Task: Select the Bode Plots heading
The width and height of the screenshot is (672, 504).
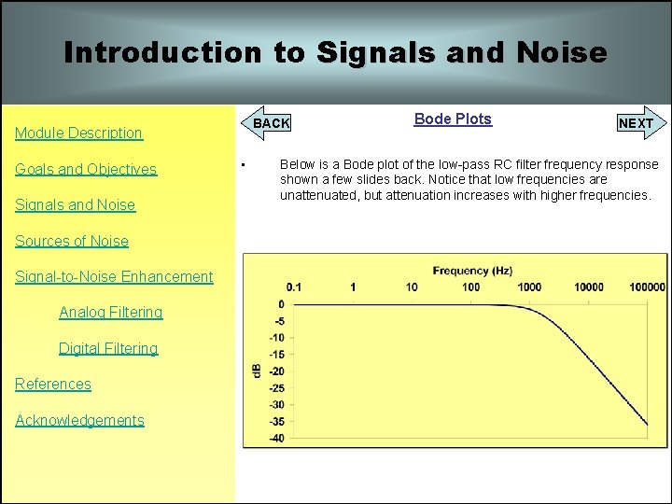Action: [453, 119]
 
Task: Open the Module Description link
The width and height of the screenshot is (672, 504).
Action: [78, 133]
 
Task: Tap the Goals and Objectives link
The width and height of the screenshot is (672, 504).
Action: [86, 169]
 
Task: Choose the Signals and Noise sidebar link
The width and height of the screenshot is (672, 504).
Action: [75, 204]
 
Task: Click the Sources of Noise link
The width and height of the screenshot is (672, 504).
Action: [72, 241]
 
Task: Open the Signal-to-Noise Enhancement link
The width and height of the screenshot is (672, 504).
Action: [114, 276]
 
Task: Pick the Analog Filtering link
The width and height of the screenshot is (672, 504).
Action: [110, 312]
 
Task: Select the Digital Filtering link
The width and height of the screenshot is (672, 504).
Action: [108, 348]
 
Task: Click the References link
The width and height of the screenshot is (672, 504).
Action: [53, 384]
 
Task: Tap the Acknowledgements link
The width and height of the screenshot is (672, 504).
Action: [79, 420]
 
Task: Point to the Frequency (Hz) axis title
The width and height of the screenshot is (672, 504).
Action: [472, 271]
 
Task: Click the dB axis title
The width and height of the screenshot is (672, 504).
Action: [257, 371]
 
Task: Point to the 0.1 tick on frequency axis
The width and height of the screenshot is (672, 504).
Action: [294, 287]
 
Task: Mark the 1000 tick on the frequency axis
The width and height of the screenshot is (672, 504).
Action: [529, 287]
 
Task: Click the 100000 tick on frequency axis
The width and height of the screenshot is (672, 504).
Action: [646, 287]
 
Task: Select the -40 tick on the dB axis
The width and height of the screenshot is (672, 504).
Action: [276, 439]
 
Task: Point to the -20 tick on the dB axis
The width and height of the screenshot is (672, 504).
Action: [276, 371]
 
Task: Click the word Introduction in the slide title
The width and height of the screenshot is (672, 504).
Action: [162, 52]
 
